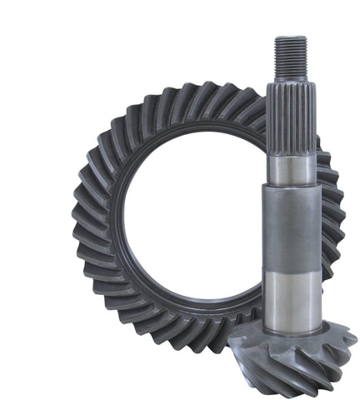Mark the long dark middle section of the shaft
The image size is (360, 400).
tap(292, 225)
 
